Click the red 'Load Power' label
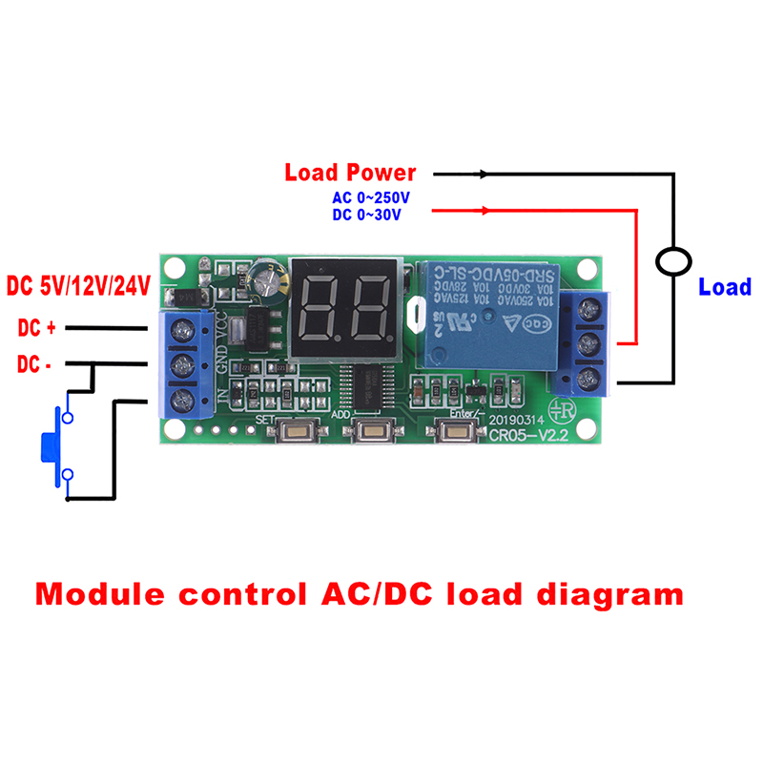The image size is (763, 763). coord(350,173)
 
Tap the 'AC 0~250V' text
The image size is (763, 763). coord(370,198)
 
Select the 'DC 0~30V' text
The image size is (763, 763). coord(366,216)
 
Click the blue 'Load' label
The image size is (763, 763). coord(725,287)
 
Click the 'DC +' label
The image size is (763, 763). coord(37,328)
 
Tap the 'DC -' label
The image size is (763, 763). coord(35,364)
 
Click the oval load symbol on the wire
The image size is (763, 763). coord(674,260)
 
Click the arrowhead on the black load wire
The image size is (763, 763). coord(485,175)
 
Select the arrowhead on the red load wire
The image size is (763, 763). coord(487,210)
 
